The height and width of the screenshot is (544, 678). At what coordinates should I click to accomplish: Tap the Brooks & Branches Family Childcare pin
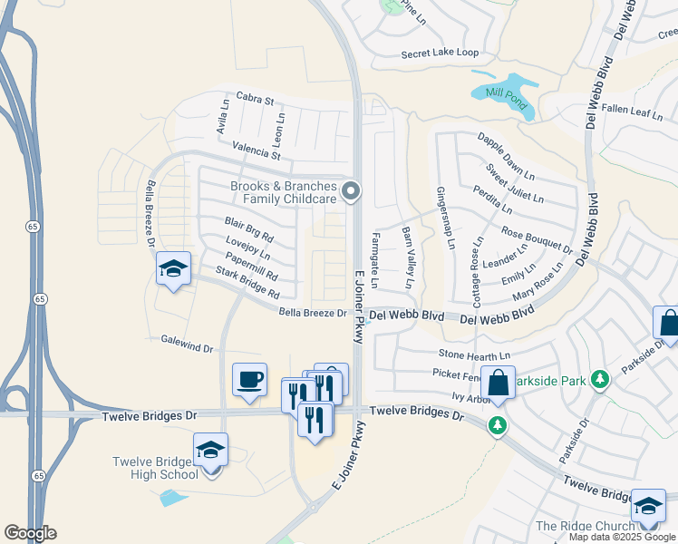[352, 192]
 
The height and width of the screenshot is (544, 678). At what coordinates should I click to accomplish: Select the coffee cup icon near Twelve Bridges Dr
[249, 380]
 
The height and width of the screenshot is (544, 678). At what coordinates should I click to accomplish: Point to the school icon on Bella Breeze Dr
[173, 269]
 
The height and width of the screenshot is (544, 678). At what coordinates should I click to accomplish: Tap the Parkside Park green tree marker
[598, 378]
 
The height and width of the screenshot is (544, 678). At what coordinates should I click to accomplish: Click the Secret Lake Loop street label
[441, 53]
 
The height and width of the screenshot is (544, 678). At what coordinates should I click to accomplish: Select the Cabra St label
[255, 97]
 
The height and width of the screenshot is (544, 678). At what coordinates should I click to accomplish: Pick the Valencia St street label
[257, 150]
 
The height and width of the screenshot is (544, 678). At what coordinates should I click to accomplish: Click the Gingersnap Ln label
[445, 219]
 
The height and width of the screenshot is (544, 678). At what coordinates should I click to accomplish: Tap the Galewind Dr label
[187, 347]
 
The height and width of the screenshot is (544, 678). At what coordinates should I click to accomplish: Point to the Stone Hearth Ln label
[475, 355]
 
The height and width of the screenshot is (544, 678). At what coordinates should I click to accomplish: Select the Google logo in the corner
[30, 533]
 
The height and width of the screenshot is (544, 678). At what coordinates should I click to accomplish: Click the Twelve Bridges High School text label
[155, 468]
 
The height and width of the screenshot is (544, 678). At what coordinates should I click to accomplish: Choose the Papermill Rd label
[247, 267]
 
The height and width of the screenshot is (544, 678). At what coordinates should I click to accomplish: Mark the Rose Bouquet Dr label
[536, 240]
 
